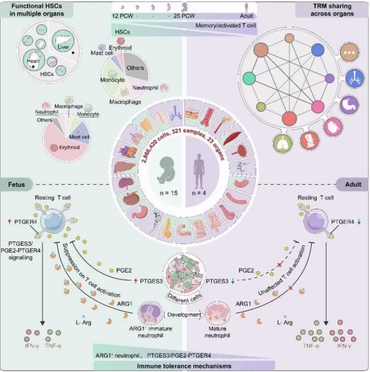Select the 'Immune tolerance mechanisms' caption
185,366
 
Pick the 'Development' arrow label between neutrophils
183,315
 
